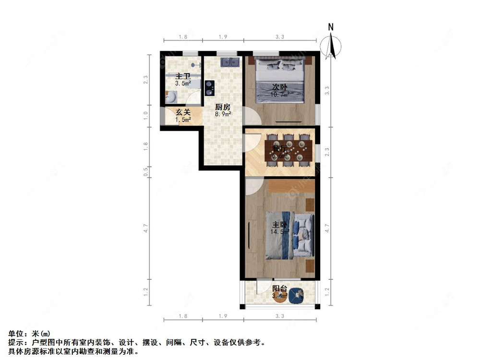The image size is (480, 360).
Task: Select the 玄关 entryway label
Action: coord(183,112)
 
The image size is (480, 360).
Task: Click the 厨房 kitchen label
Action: coord(223,107)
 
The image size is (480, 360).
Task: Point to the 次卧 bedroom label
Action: coord(280,87)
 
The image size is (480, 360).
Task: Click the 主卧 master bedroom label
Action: coord(280,225)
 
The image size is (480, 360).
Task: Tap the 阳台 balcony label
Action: coord(280,288)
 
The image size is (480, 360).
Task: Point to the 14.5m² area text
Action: coord(280,232)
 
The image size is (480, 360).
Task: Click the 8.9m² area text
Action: coord(223,114)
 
